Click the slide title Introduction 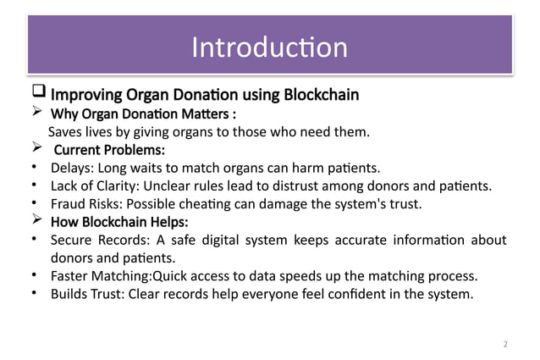click(269, 47)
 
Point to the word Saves click(65, 132)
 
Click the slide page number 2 click(505, 344)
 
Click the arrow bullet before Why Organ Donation click(36, 113)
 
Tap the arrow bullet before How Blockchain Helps click(36, 222)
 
